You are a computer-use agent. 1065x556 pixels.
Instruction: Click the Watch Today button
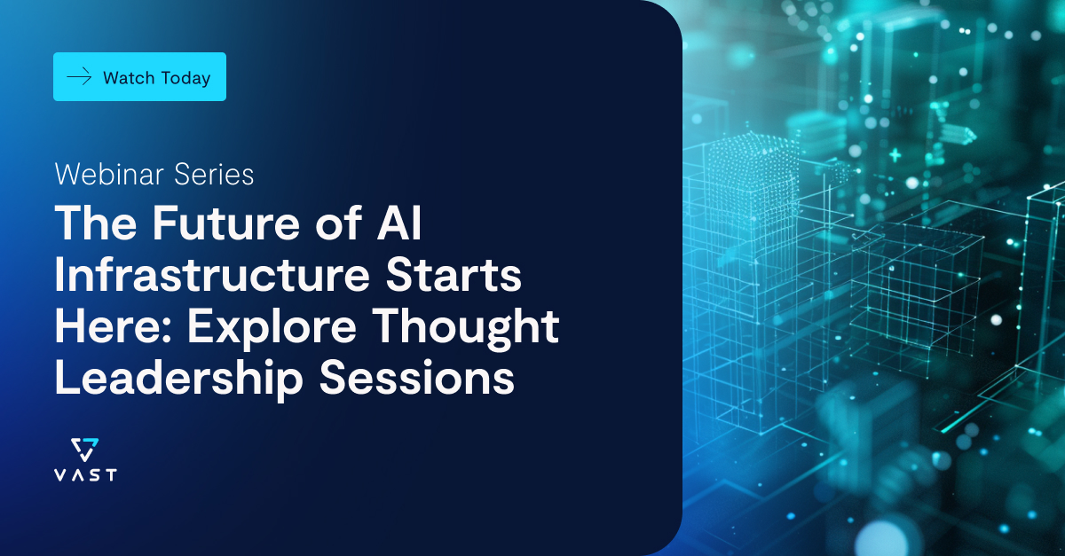click(x=139, y=77)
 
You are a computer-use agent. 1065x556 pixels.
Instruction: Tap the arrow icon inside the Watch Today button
click(x=80, y=77)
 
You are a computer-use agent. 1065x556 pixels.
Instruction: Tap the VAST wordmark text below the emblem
click(x=84, y=474)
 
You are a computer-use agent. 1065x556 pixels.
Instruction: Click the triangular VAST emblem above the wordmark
click(x=84, y=449)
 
